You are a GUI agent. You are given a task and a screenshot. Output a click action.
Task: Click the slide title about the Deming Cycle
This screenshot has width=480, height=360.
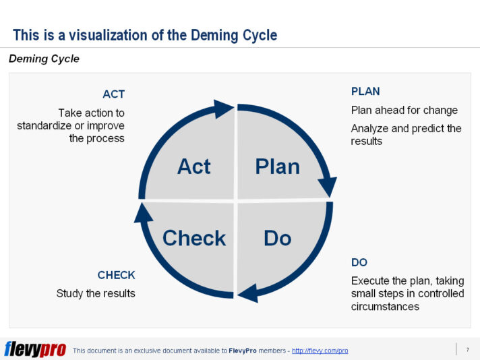tap(145, 35)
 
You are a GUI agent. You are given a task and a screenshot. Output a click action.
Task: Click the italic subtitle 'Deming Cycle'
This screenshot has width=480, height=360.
tap(44, 59)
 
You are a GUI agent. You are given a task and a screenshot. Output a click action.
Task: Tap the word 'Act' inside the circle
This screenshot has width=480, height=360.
tap(193, 166)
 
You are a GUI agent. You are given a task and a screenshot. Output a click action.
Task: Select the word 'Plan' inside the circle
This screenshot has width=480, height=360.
tap(277, 166)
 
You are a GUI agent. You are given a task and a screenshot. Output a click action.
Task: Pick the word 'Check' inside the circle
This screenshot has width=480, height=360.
tap(194, 238)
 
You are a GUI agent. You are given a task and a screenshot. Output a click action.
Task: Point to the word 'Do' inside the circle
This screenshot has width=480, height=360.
tap(277, 238)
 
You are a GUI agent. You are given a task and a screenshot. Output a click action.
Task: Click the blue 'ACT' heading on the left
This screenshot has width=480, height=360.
tap(113, 94)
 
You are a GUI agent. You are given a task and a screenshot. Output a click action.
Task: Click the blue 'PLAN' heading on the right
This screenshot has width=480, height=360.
tap(365, 92)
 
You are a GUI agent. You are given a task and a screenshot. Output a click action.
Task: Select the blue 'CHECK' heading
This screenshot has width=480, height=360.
tap(116, 275)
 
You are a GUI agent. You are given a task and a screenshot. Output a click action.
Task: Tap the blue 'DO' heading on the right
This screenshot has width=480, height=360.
tap(359, 262)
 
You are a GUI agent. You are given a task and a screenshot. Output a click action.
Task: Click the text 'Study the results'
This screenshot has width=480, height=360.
tap(96, 293)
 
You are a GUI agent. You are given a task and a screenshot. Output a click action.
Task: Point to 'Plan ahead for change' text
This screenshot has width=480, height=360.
tap(404, 110)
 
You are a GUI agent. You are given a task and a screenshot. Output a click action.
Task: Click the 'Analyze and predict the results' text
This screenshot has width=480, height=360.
tap(406, 134)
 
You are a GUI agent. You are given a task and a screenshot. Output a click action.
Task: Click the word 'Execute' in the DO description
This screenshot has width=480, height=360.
tap(370, 280)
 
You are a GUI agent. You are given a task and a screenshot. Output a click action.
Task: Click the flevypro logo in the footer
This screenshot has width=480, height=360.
tap(35, 349)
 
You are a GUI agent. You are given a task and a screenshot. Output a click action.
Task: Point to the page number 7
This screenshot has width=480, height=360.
tap(467, 349)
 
